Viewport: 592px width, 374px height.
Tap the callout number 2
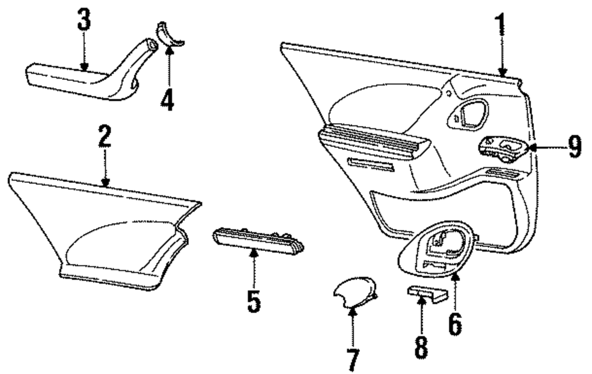(105, 137)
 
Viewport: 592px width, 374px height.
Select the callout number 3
(84, 20)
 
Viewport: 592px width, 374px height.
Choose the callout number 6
(454, 322)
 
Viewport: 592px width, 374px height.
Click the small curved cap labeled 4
(170, 34)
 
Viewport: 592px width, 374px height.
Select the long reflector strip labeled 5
(258, 240)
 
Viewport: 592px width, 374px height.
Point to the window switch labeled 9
(503, 149)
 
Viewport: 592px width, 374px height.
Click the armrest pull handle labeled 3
(89, 76)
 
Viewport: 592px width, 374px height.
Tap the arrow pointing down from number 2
(105, 169)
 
